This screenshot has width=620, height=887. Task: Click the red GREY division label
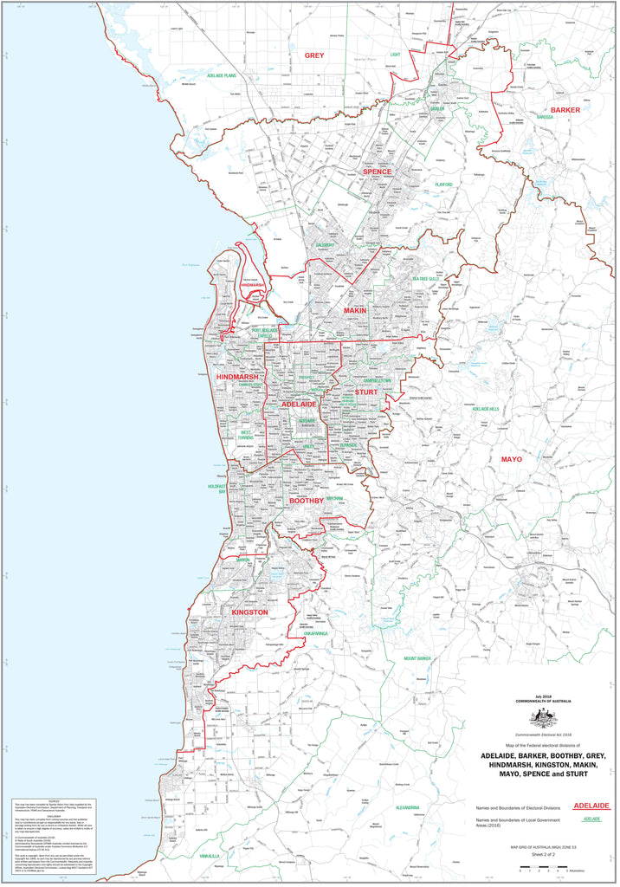click(x=313, y=55)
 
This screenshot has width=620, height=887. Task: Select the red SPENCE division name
click(x=377, y=172)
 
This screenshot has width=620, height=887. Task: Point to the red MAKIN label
click(x=355, y=309)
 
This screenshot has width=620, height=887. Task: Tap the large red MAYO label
click(x=512, y=459)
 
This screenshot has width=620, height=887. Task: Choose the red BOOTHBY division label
click(x=306, y=501)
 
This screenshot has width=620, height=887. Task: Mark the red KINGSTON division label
click(x=249, y=612)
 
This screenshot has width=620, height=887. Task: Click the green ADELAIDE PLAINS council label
click(x=228, y=76)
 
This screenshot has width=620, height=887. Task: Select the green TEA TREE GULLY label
click(x=427, y=279)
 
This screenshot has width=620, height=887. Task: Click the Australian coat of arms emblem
click(x=544, y=717)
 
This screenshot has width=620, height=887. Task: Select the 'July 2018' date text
click(x=544, y=694)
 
